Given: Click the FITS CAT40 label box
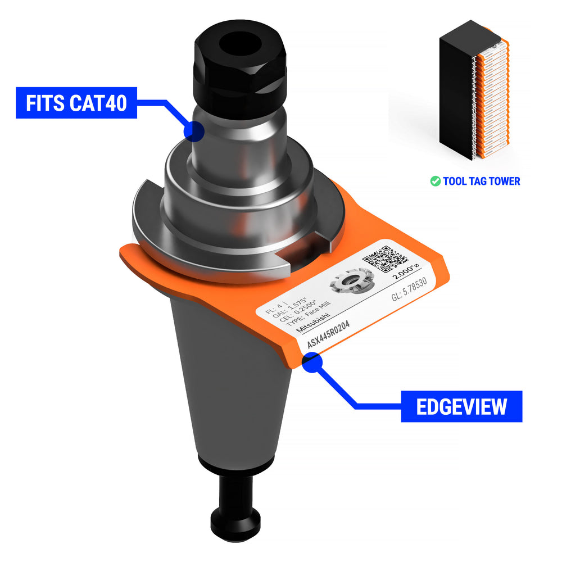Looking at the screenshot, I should pos(76,103).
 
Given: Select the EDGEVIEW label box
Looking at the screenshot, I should pos(461,406).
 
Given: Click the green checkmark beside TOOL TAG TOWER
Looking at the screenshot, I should pos(435,181).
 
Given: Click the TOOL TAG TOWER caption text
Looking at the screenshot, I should pos(481,181).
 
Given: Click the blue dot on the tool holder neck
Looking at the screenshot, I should pos(194,131).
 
